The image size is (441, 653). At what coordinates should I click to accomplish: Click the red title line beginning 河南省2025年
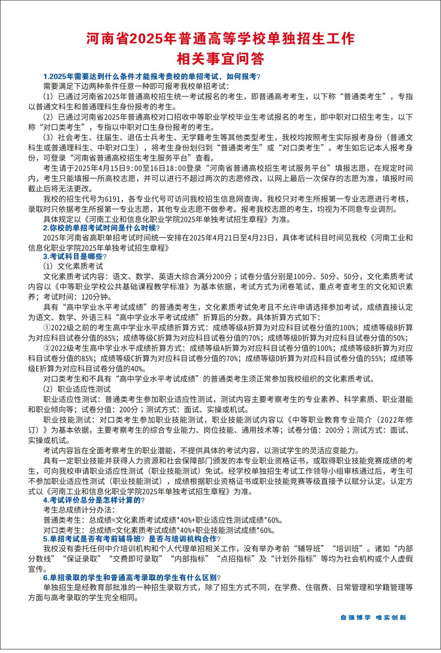(x=220, y=39)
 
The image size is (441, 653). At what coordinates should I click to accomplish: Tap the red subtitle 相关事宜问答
(x=220, y=58)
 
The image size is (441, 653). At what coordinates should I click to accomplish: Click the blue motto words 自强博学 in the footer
(x=355, y=617)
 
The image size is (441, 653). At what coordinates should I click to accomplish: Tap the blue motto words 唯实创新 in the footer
(x=391, y=617)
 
